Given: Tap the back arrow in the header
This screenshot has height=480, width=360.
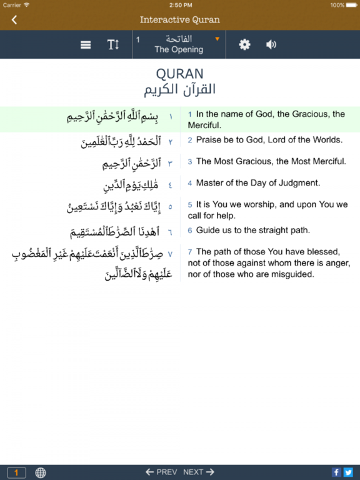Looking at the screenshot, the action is [14, 19].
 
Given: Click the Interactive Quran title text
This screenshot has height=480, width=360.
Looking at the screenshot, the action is [180, 19].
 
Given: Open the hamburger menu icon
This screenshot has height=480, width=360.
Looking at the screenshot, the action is [86, 45].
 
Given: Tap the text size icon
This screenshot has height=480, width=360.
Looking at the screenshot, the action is [113, 45].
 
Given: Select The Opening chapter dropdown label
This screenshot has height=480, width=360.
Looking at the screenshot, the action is [179, 49].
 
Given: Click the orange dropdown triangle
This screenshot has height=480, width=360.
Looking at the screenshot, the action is [217, 39].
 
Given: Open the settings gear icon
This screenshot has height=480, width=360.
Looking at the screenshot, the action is [245, 45].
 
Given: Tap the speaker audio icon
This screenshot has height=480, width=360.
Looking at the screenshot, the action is [271, 45].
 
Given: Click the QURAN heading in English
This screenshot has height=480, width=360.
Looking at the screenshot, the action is [180, 74].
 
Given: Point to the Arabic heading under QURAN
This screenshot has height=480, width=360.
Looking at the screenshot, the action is [180, 89].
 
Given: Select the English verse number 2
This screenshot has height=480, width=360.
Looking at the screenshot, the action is [190, 141].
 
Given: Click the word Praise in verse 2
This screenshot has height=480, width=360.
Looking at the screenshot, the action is [209, 140].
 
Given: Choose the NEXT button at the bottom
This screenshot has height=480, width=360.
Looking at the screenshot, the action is [199, 472].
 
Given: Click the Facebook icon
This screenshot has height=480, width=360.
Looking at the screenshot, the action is [336, 472].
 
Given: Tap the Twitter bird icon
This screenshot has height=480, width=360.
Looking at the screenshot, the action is [348, 472].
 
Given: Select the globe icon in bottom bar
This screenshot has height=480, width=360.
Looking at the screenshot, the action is [41, 472].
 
